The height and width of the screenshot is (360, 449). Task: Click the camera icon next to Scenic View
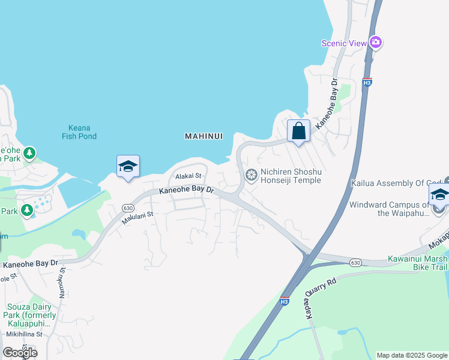(376, 42)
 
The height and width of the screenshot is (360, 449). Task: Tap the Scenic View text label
(344, 43)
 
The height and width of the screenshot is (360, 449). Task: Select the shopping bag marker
(298, 131)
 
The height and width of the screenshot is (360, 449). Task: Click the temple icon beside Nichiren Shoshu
(251, 175)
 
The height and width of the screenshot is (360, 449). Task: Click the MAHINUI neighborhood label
(203, 136)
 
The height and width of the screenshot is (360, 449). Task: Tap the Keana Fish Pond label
(79, 132)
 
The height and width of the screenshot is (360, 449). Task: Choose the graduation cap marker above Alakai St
(128, 166)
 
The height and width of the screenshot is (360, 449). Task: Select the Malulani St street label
(138, 218)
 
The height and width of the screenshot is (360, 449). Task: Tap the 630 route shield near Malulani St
(128, 208)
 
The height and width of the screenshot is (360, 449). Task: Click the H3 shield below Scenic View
(367, 82)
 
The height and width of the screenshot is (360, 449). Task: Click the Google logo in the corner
(19, 352)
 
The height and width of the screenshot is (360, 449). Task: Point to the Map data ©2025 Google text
(412, 355)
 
